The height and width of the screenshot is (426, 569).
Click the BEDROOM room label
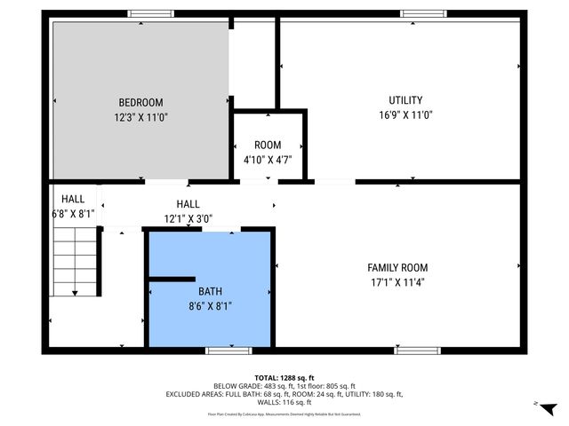tap(141, 102)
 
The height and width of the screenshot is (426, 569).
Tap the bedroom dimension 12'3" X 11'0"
tap(141, 116)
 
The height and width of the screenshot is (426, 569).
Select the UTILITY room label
tap(405, 100)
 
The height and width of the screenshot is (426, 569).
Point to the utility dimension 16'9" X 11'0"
tap(405, 114)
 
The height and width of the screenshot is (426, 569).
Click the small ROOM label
tap(268, 145)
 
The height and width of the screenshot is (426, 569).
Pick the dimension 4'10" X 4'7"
tap(268, 159)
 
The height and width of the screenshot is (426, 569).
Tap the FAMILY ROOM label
tap(397, 267)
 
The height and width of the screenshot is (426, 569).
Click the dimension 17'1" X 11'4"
tap(397, 282)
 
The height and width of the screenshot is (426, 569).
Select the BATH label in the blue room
tap(211, 290)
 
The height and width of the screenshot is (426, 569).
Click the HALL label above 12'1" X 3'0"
tap(188, 204)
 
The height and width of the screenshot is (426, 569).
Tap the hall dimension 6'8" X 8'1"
tap(73, 214)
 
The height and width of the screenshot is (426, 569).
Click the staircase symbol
tap(75, 262)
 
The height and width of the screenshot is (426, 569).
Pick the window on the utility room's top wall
tap(422, 13)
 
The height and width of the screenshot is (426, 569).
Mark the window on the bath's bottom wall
tap(228, 351)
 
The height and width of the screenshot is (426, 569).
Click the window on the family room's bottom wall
tap(417, 351)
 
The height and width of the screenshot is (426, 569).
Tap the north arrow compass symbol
tap(548, 407)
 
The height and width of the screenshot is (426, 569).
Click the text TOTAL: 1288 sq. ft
tap(284, 377)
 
